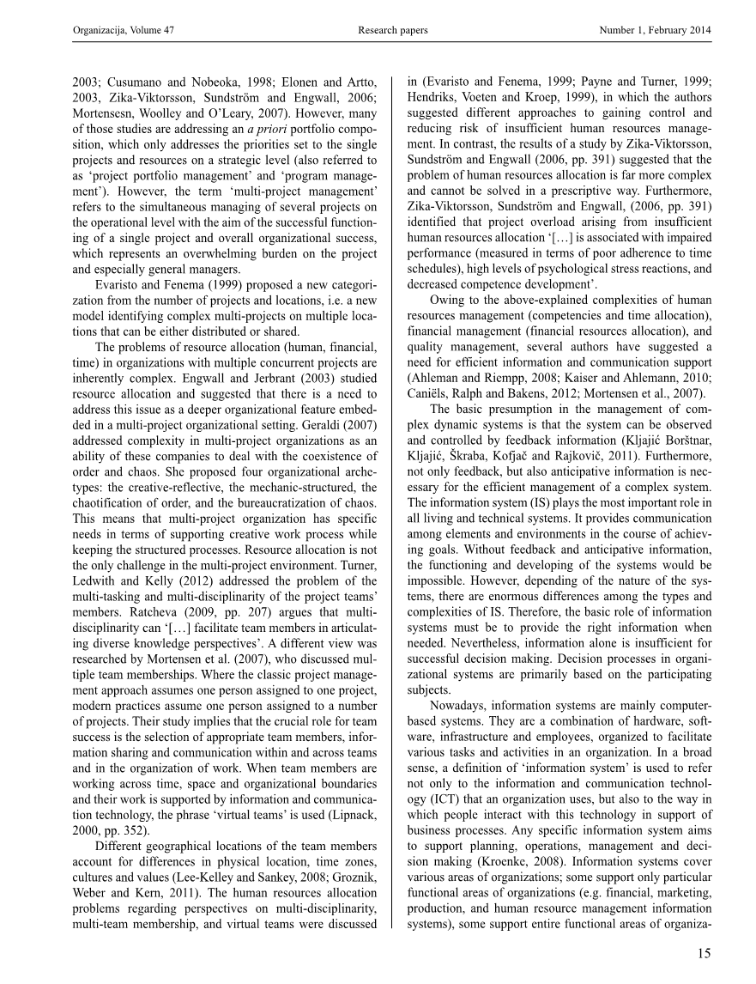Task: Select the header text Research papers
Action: click(392, 31)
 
